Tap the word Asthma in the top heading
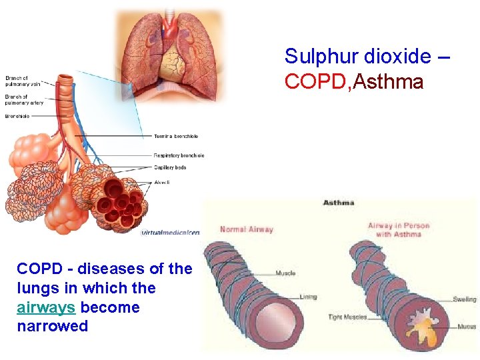click(389, 82)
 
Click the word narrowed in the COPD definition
click(52, 326)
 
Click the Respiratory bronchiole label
click(179, 155)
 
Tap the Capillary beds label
click(170, 167)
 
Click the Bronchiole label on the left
click(18, 116)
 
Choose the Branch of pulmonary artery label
click(24, 99)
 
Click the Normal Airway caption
click(247, 229)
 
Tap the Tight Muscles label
click(347, 317)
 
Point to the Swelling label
click(464, 299)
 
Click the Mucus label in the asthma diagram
click(467, 327)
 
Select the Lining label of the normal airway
click(307, 297)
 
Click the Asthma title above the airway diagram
click(339, 203)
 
